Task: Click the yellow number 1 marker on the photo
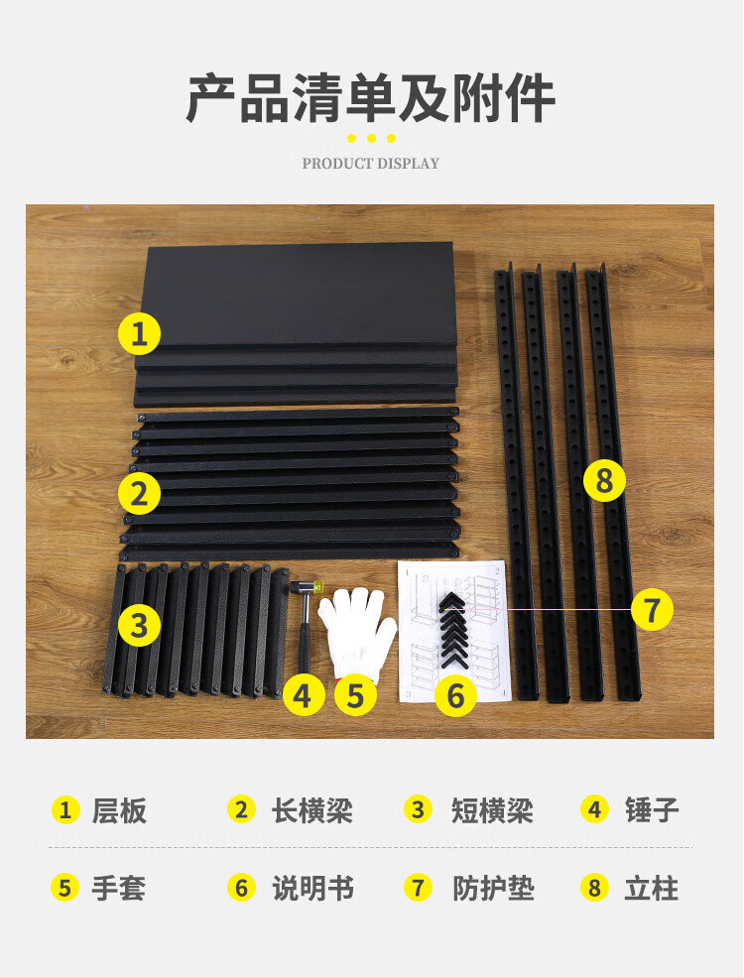click(139, 334)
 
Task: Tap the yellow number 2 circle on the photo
click(139, 494)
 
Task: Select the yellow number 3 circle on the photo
click(139, 624)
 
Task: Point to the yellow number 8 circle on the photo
click(604, 480)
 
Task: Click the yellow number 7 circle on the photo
click(652, 609)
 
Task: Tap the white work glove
click(358, 631)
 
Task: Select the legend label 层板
click(119, 810)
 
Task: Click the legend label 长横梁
click(311, 810)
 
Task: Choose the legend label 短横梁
click(492, 810)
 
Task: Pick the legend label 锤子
click(652, 810)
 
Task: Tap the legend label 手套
click(118, 888)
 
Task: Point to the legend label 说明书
click(312, 888)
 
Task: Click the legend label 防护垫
click(493, 888)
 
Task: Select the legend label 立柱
click(651, 888)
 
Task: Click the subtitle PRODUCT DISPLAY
click(371, 164)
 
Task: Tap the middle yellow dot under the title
click(371, 138)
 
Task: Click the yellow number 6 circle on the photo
click(456, 695)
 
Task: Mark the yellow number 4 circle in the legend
click(594, 810)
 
